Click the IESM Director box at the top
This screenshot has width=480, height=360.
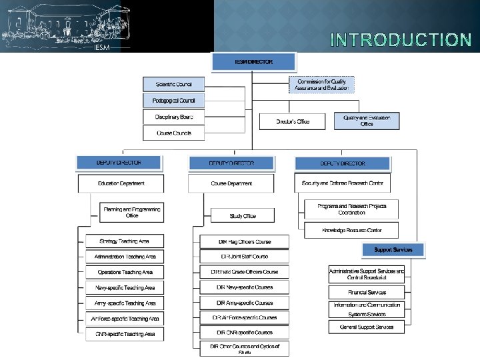click(253, 62)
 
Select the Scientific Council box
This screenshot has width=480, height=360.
click(174, 85)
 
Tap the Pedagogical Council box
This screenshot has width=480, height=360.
click(174, 101)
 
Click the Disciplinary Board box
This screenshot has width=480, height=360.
click(174, 117)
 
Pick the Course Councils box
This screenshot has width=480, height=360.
click(174, 133)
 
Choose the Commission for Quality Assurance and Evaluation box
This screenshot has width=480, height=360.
click(322, 85)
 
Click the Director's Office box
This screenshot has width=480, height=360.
click(293, 121)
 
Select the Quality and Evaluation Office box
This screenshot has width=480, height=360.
click(367, 121)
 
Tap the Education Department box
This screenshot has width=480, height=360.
click(121, 183)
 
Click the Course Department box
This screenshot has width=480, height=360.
click(231, 183)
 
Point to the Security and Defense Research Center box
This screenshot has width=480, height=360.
click(342, 183)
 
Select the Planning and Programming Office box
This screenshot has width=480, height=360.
click(132, 213)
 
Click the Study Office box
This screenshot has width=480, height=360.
click(243, 216)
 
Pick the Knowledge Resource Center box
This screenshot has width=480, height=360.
click(351, 230)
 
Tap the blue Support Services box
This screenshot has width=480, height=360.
click(393, 250)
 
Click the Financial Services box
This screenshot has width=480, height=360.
click(367, 292)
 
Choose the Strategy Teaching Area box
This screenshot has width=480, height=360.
click(125, 241)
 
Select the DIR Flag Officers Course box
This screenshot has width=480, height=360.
click(245, 241)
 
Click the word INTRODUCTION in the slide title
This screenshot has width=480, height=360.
click(401, 40)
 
